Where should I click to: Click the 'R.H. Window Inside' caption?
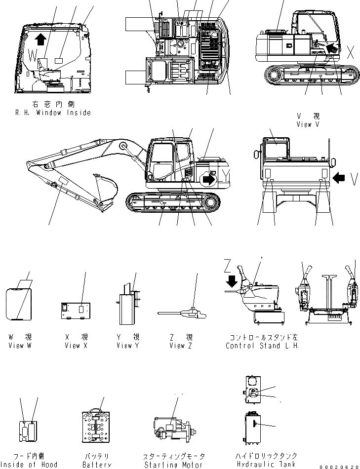click(x=53, y=113)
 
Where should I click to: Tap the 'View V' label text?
click(x=308, y=124)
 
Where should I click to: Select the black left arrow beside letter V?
click(x=339, y=177)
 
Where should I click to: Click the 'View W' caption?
click(x=20, y=346)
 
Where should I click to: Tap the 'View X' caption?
click(x=76, y=346)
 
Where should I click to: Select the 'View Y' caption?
click(x=128, y=346)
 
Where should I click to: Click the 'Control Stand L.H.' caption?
click(x=262, y=346)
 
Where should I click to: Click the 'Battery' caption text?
click(x=97, y=464)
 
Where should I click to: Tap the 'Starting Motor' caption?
click(x=173, y=464)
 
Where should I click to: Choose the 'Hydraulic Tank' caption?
click(x=266, y=464)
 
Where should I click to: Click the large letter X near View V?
click(x=351, y=52)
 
